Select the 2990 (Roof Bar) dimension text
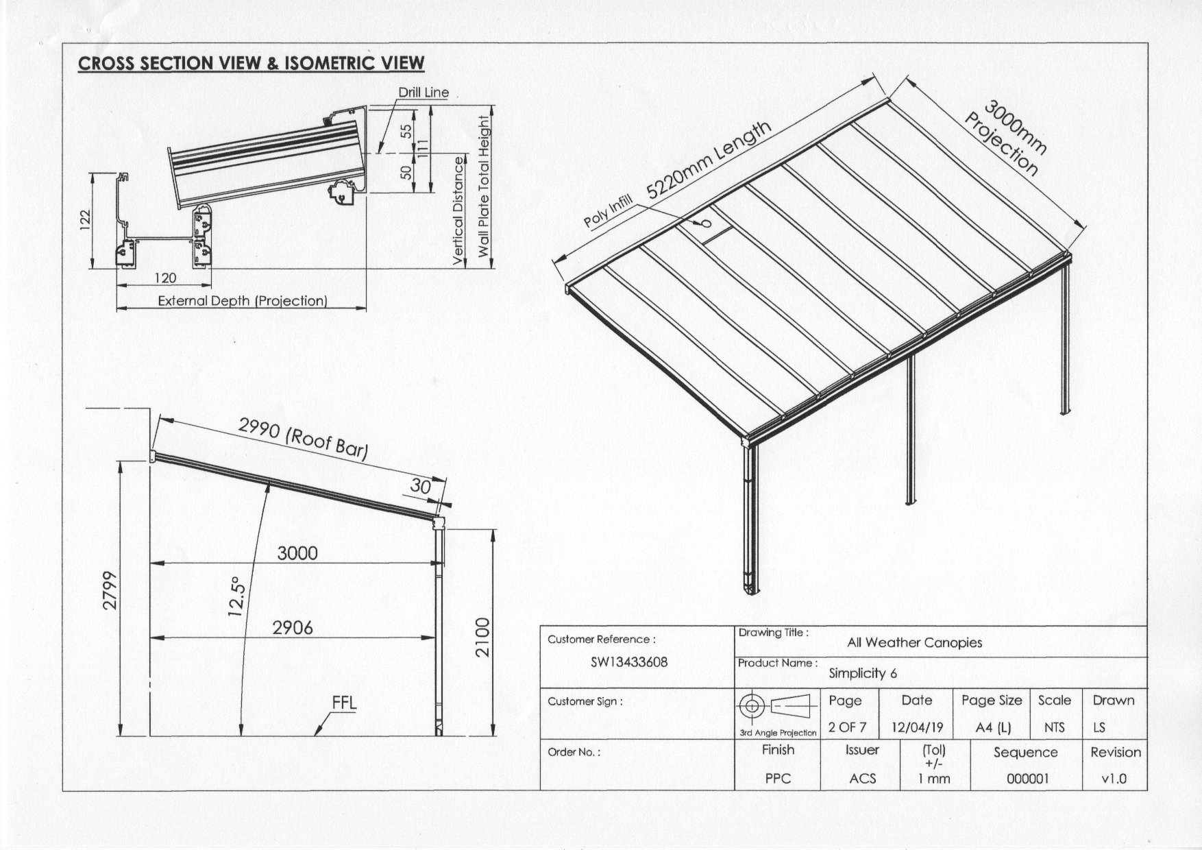(303, 438)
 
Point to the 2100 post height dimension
(483, 637)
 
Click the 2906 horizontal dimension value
(293, 628)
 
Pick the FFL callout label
(344, 703)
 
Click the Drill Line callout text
(424, 93)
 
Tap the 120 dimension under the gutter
(165, 278)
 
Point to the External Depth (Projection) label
(243, 301)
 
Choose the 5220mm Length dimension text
(709, 160)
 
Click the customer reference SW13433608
(628, 662)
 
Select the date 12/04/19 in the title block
(917, 727)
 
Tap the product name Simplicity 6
(863, 673)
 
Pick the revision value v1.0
(1114, 779)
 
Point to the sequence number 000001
(1027, 779)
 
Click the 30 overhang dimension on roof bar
(420, 486)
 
